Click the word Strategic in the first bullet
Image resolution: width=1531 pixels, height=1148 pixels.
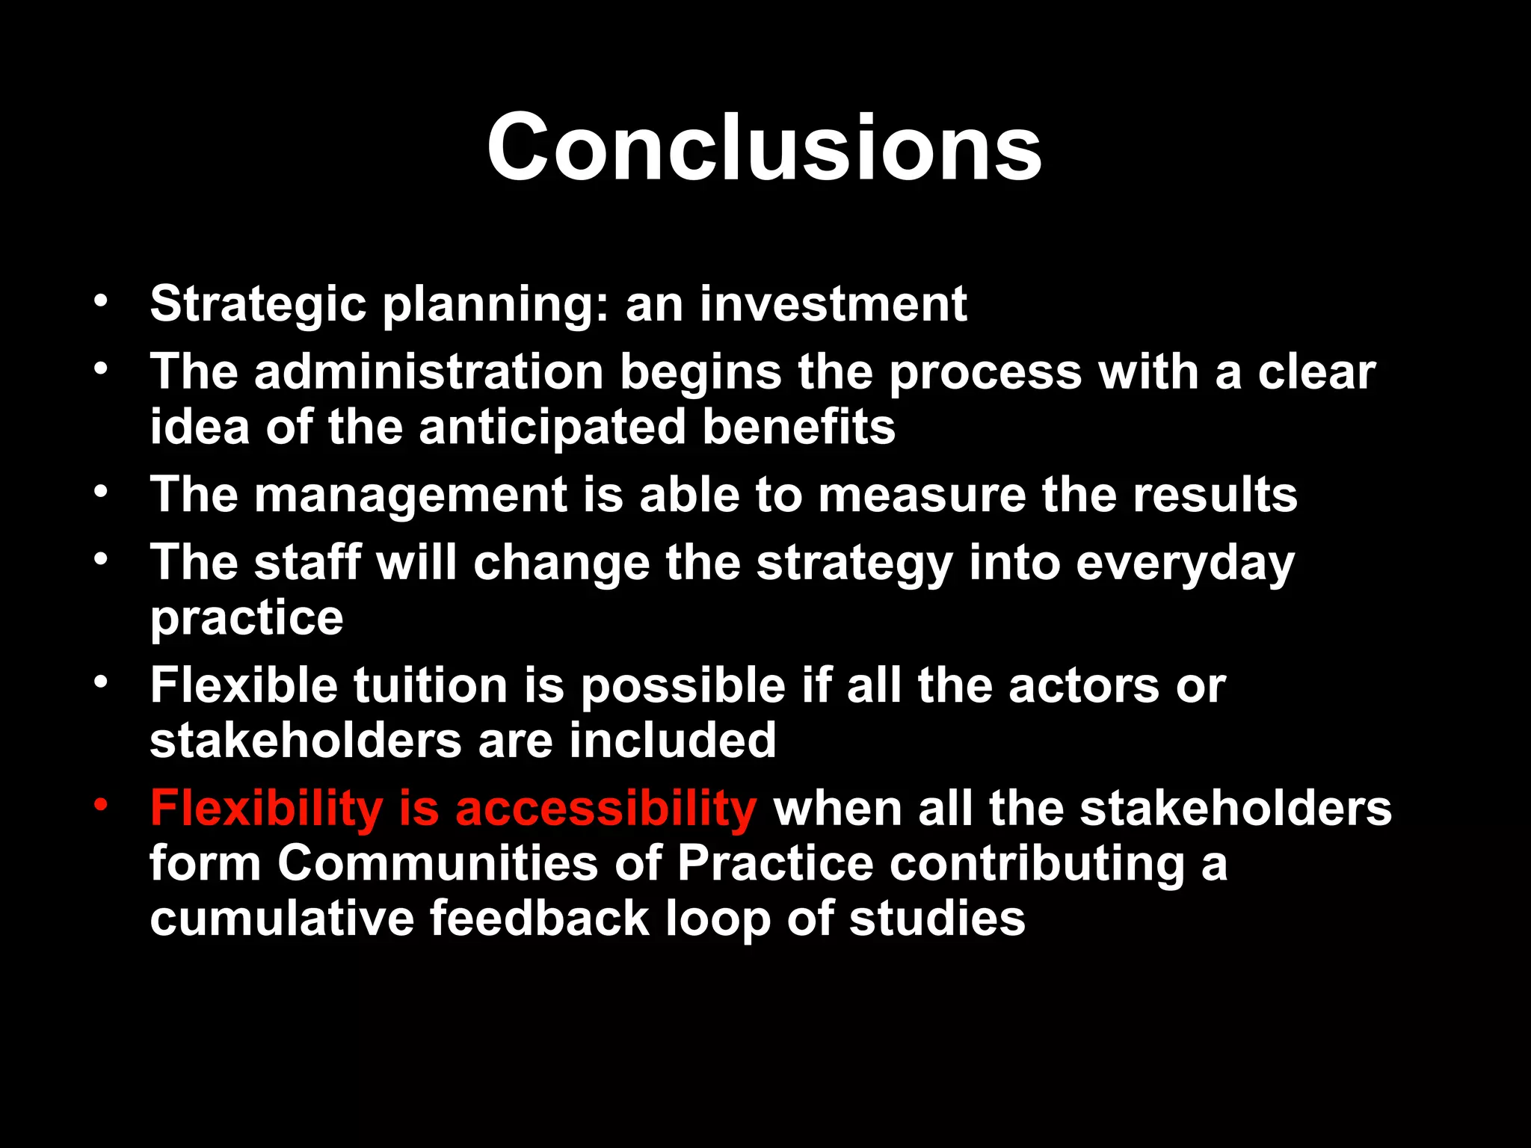[x=258, y=304]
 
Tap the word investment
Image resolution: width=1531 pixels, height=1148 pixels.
[x=833, y=304]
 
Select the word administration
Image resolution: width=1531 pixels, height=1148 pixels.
[x=428, y=371]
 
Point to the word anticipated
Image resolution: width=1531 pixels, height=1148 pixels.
[x=552, y=427]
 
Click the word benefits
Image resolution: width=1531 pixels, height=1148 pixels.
[x=798, y=427]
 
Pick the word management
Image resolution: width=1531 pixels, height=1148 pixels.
[x=410, y=495]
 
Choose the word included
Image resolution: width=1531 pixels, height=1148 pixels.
[x=672, y=741]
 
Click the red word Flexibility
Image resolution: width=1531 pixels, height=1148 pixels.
[x=266, y=809]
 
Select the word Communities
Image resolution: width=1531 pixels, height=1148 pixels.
[x=437, y=863]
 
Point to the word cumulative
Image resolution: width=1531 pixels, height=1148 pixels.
[x=281, y=919]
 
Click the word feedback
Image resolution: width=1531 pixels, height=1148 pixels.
[x=539, y=919]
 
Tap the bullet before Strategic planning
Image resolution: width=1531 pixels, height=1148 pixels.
[x=102, y=301]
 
